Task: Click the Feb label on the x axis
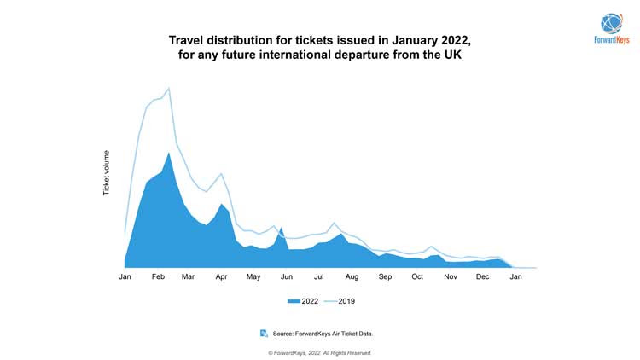coord(158,278)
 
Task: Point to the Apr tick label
coord(221,278)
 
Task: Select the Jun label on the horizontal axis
coord(287,278)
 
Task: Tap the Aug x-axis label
coord(352,278)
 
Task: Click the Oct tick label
coord(417,278)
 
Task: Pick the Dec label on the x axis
coord(483,278)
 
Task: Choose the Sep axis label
coord(385,278)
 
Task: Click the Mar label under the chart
coord(188,278)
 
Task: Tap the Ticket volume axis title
coord(107,171)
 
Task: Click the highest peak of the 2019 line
coord(168,88)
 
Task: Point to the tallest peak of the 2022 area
coord(168,153)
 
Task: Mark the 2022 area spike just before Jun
coord(280,228)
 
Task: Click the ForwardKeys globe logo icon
coord(612,23)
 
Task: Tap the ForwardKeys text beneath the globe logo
coord(612,40)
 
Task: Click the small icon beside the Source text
coord(264,333)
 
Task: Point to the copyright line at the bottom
coord(320,352)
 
